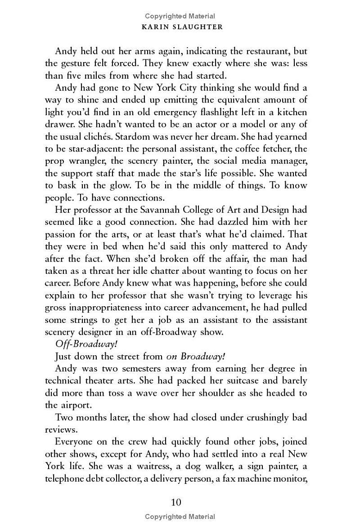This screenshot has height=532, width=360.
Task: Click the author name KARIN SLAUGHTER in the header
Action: pyautogui.click(x=180, y=27)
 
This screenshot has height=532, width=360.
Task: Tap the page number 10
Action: pyautogui.click(x=176, y=502)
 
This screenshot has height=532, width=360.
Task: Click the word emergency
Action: pyautogui.click(x=158, y=112)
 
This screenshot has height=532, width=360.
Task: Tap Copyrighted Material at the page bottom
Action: pyautogui.click(x=180, y=517)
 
